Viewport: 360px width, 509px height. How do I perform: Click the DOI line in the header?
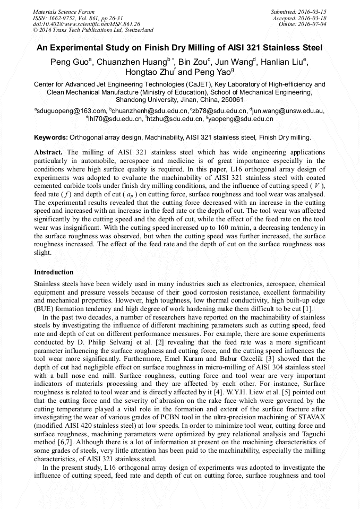[86, 24]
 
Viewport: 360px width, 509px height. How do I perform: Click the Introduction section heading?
[54, 272]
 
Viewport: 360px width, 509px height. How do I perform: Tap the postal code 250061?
[233, 100]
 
